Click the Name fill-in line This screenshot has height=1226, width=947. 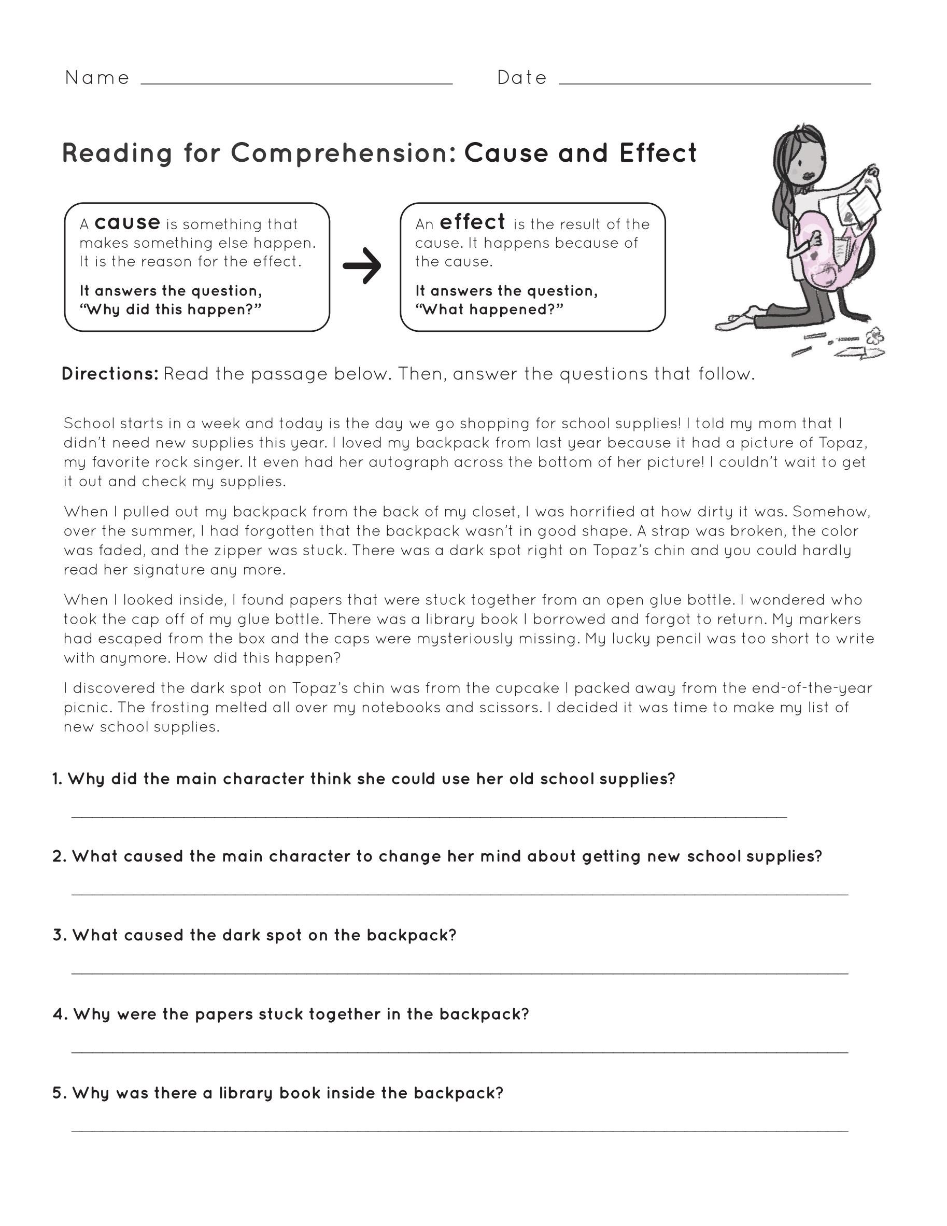point(296,83)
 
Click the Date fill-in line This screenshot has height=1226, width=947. point(715,83)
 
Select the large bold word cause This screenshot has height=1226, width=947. point(128,222)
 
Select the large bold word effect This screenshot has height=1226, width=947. point(472,222)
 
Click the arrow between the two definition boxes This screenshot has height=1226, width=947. point(362,265)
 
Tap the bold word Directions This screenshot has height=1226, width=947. point(110,374)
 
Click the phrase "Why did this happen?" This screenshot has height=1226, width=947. point(171,309)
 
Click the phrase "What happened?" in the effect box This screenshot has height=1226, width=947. point(489,309)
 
